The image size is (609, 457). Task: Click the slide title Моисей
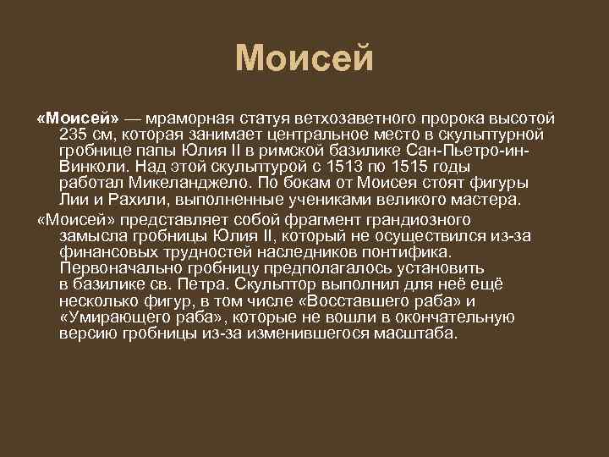tap(304, 58)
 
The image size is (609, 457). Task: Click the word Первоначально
tap(111, 268)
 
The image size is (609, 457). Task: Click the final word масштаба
tap(424, 333)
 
